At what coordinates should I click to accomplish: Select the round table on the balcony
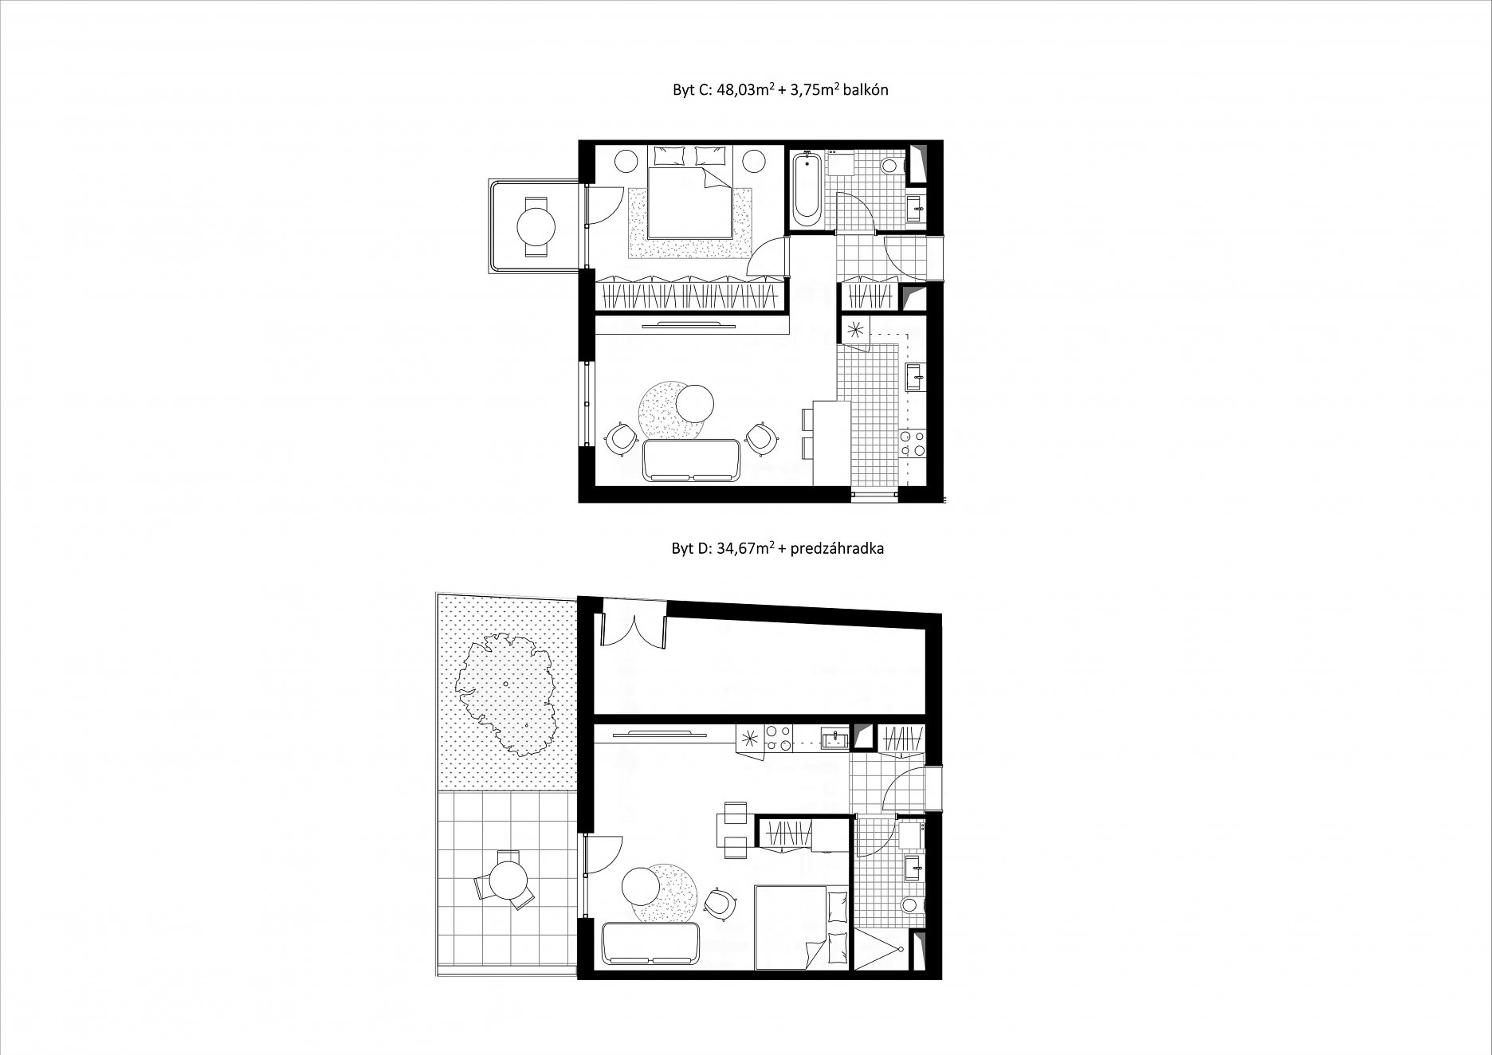click(536, 226)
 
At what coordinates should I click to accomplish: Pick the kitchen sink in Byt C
click(913, 377)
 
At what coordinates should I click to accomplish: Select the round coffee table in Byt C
click(694, 404)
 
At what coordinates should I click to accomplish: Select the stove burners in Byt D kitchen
click(777, 738)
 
